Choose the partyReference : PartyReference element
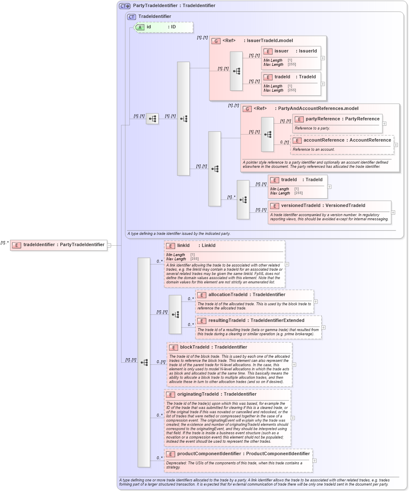[x=337, y=119]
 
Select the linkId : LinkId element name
[x=183, y=246]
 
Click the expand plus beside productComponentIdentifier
[x=315, y=461]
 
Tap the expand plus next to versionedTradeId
[x=393, y=212]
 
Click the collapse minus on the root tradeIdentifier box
[x=109, y=245]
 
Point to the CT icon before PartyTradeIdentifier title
[x=124, y=6]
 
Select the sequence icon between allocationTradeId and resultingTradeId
[x=175, y=314]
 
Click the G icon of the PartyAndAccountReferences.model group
[x=247, y=109]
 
